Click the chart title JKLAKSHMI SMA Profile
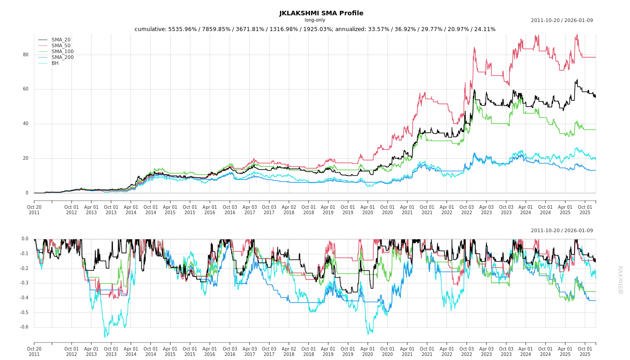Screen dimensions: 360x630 click(x=321, y=13)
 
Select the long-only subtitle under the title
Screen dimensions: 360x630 click(x=315, y=20)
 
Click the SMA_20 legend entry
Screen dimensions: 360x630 click(x=61, y=40)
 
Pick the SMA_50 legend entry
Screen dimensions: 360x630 click(x=61, y=46)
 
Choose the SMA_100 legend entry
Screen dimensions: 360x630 click(x=63, y=52)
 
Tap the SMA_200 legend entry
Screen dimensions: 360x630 click(x=63, y=58)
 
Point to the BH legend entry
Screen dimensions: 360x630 click(x=55, y=63)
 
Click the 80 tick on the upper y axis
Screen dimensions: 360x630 click(x=26, y=55)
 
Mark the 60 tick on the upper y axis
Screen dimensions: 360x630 click(x=26, y=89)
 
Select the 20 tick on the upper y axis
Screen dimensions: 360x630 click(x=26, y=158)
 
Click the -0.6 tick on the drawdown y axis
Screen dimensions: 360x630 click(x=24, y=327)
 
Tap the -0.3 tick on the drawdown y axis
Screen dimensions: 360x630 click(x=24, y=283)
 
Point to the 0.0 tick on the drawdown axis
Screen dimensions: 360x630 click(x=25, y=239)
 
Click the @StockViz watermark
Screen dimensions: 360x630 click(x=621, y=279)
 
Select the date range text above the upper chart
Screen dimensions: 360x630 click(x=562, y=21)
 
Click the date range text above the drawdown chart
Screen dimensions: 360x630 click(x=562, y=231)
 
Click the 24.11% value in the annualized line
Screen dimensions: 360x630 click(x=484, y=29)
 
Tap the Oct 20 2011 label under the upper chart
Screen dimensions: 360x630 click(x=34, y=210)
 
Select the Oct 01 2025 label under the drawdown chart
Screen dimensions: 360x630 click(x=585, y=351)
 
